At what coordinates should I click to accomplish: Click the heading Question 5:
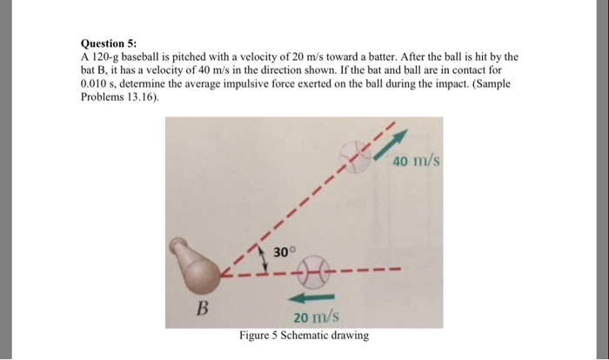pyautogui.click(x=108, y=41)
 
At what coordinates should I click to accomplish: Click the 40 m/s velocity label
pyautogui.click(x=418, y=162)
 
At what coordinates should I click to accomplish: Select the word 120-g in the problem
pyautogui.click(x=107, y=55)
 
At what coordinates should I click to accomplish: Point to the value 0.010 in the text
pyautogui.click(x=97, y=83)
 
